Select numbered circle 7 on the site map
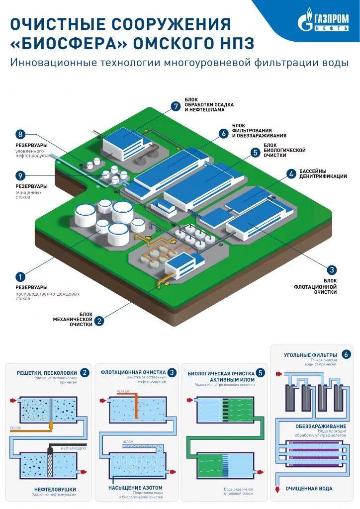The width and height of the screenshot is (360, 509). (175, 106)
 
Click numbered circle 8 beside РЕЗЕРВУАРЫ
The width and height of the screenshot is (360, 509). (20, 134)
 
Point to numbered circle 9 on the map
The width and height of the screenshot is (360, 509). (20, 175)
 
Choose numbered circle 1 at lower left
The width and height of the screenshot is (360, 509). (20, 277)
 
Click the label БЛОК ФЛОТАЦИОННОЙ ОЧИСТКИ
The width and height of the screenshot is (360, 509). (315, 286)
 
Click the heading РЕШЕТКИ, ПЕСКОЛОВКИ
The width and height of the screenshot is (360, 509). (46, 372)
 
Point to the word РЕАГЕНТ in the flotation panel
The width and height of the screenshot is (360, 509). (123, 392)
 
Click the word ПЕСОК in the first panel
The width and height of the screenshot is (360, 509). (15, 427)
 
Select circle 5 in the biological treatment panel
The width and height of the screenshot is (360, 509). (262, 372)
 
